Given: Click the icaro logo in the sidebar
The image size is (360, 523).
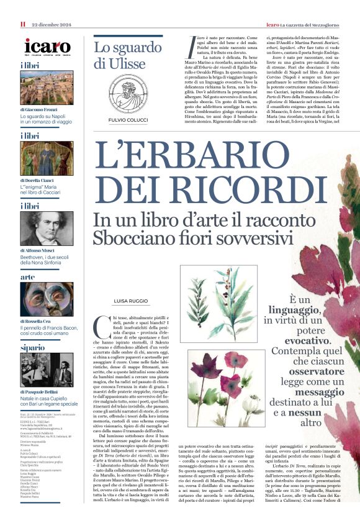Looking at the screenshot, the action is click(x=47, y=46).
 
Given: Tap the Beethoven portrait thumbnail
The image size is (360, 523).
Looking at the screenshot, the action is click(x=47, y=228).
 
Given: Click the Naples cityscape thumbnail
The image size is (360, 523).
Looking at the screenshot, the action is click(x=47, y=88).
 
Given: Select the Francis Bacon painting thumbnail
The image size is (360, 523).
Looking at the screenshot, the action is click(x=47, y=299).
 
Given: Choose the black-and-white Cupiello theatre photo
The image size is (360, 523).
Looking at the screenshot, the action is click(x=47, y=370).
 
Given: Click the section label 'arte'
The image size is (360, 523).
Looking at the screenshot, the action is click(x=28, y=277).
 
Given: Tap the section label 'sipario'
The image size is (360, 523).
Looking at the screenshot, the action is click(x=32, y=348).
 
